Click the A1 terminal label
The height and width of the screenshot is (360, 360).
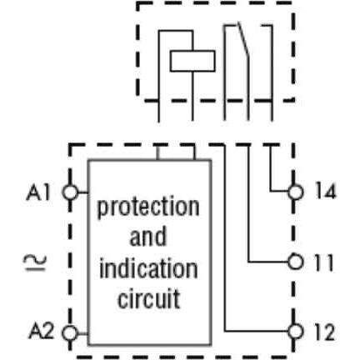(38, 192)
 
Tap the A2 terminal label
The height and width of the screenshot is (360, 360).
(41, 331)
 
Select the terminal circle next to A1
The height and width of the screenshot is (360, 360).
(70, 192)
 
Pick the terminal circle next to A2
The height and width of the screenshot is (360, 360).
(70, 333)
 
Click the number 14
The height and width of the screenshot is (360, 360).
(326, 192)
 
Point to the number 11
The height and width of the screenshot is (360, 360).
(323, 262)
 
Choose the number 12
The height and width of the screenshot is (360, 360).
(325, 332)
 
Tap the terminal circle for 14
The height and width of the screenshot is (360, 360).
(295, 192)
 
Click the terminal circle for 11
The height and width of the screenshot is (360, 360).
(295, 262)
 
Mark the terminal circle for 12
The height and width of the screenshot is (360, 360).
(295, 332)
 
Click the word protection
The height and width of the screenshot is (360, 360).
(148, 207)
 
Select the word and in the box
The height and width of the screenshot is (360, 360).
(148, 237)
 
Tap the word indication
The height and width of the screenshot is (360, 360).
(148, 268)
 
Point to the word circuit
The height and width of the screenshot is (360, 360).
(149, 299)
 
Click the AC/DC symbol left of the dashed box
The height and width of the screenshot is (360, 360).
(35, 263)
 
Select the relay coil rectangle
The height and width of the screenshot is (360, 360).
(192, 61)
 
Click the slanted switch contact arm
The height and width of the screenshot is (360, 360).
(242, 41)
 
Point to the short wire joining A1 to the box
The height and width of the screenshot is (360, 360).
(82, 192)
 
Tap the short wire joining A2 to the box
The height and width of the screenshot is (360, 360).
(82, 333)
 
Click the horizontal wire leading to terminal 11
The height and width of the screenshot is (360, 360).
(267, 262)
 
